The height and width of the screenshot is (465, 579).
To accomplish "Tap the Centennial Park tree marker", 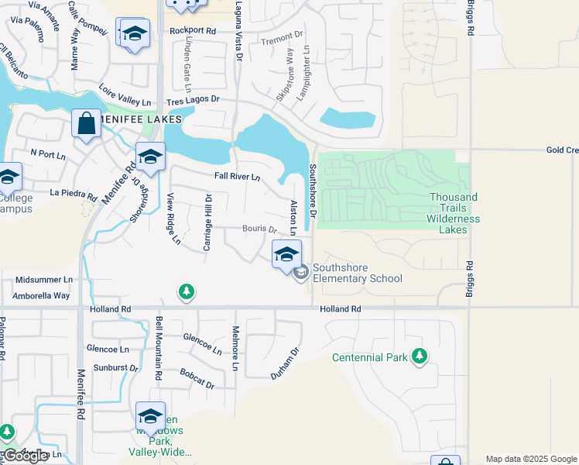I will [420, 356].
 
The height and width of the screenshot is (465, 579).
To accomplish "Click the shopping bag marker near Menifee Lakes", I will [86, 124].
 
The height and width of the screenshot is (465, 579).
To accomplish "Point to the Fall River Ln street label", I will [237, 177].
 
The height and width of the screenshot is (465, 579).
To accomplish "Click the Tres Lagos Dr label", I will [193, 100].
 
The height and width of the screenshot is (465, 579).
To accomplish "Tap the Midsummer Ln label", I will [43, 279].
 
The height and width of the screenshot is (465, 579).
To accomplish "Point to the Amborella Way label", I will [42, 295].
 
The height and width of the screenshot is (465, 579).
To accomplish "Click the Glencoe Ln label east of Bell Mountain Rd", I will [202, 339].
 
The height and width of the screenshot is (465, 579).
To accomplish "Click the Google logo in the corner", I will [25, 456].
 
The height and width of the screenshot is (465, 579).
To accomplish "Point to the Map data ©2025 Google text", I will [531, 459].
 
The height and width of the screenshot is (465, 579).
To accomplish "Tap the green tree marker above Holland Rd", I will [186, 291].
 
